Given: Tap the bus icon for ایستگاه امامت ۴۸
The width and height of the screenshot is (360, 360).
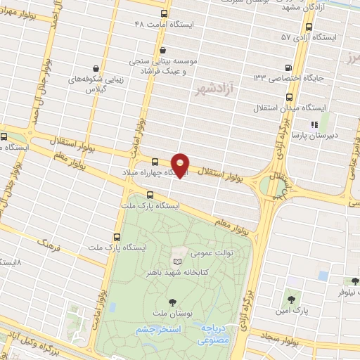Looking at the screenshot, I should (x=164, y=14).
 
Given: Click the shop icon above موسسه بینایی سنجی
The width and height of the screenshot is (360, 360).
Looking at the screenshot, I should (x=164, y=50).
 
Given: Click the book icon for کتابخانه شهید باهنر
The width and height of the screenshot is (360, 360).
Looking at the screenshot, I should (x=177, y=261).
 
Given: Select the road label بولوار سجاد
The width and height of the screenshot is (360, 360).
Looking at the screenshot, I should (x=284, y=340).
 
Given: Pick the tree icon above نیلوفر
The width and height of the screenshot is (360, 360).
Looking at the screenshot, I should (x=356, y=281).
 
